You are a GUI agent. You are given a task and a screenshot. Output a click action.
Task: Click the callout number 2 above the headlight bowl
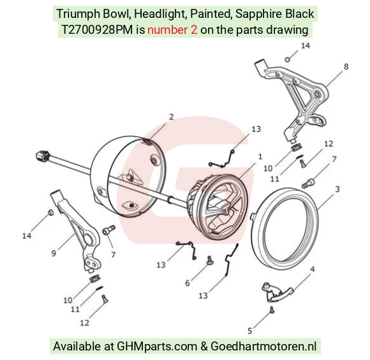(x=172, y=117)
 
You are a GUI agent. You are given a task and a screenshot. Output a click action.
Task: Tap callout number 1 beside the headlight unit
(x=260, y=156)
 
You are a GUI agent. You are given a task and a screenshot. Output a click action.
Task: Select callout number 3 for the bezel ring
(x=337, y=189)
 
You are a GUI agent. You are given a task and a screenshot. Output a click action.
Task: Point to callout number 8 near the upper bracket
(x=346, y=67)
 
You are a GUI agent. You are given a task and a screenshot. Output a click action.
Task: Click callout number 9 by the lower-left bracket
(x=54, y=253)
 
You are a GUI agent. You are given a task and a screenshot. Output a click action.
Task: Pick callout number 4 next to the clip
(x=312, y=269)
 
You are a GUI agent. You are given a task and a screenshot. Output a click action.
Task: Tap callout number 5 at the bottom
(x=250, y=331)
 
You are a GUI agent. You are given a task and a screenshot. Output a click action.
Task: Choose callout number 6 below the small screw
(x=188, y=283)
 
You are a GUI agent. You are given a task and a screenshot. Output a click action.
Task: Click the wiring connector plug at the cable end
(x=43, y=156)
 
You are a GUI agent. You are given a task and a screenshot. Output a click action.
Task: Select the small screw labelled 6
(x=209, y=260)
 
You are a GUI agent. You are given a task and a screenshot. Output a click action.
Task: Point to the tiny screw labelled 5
(x=272, y=310)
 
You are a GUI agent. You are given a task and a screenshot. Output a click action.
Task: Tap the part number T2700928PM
(x=97, y=30)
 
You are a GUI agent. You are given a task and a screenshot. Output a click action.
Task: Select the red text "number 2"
(x=172, y=30)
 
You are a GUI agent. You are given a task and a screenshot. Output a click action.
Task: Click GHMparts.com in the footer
(x=157, y=347)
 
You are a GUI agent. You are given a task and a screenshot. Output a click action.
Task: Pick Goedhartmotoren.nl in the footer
(x=263, y=347)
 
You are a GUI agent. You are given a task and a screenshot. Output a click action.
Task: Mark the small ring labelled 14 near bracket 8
(x=288, y=59)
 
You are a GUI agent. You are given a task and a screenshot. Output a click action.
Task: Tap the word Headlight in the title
(x=161, y=14)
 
